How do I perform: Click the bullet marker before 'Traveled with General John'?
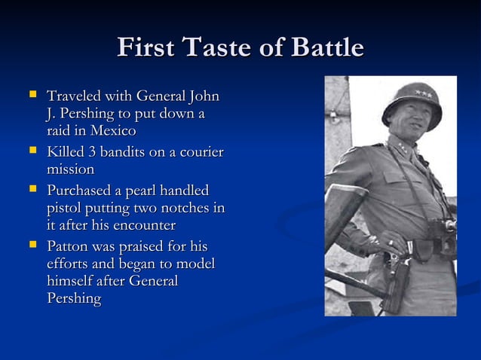pos(32,96)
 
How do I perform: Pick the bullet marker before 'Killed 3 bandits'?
pos(32,151)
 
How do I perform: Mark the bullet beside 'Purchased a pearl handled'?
pos(32,189)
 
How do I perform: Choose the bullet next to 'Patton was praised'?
pos(32,246)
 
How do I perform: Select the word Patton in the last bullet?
pos(69,246)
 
